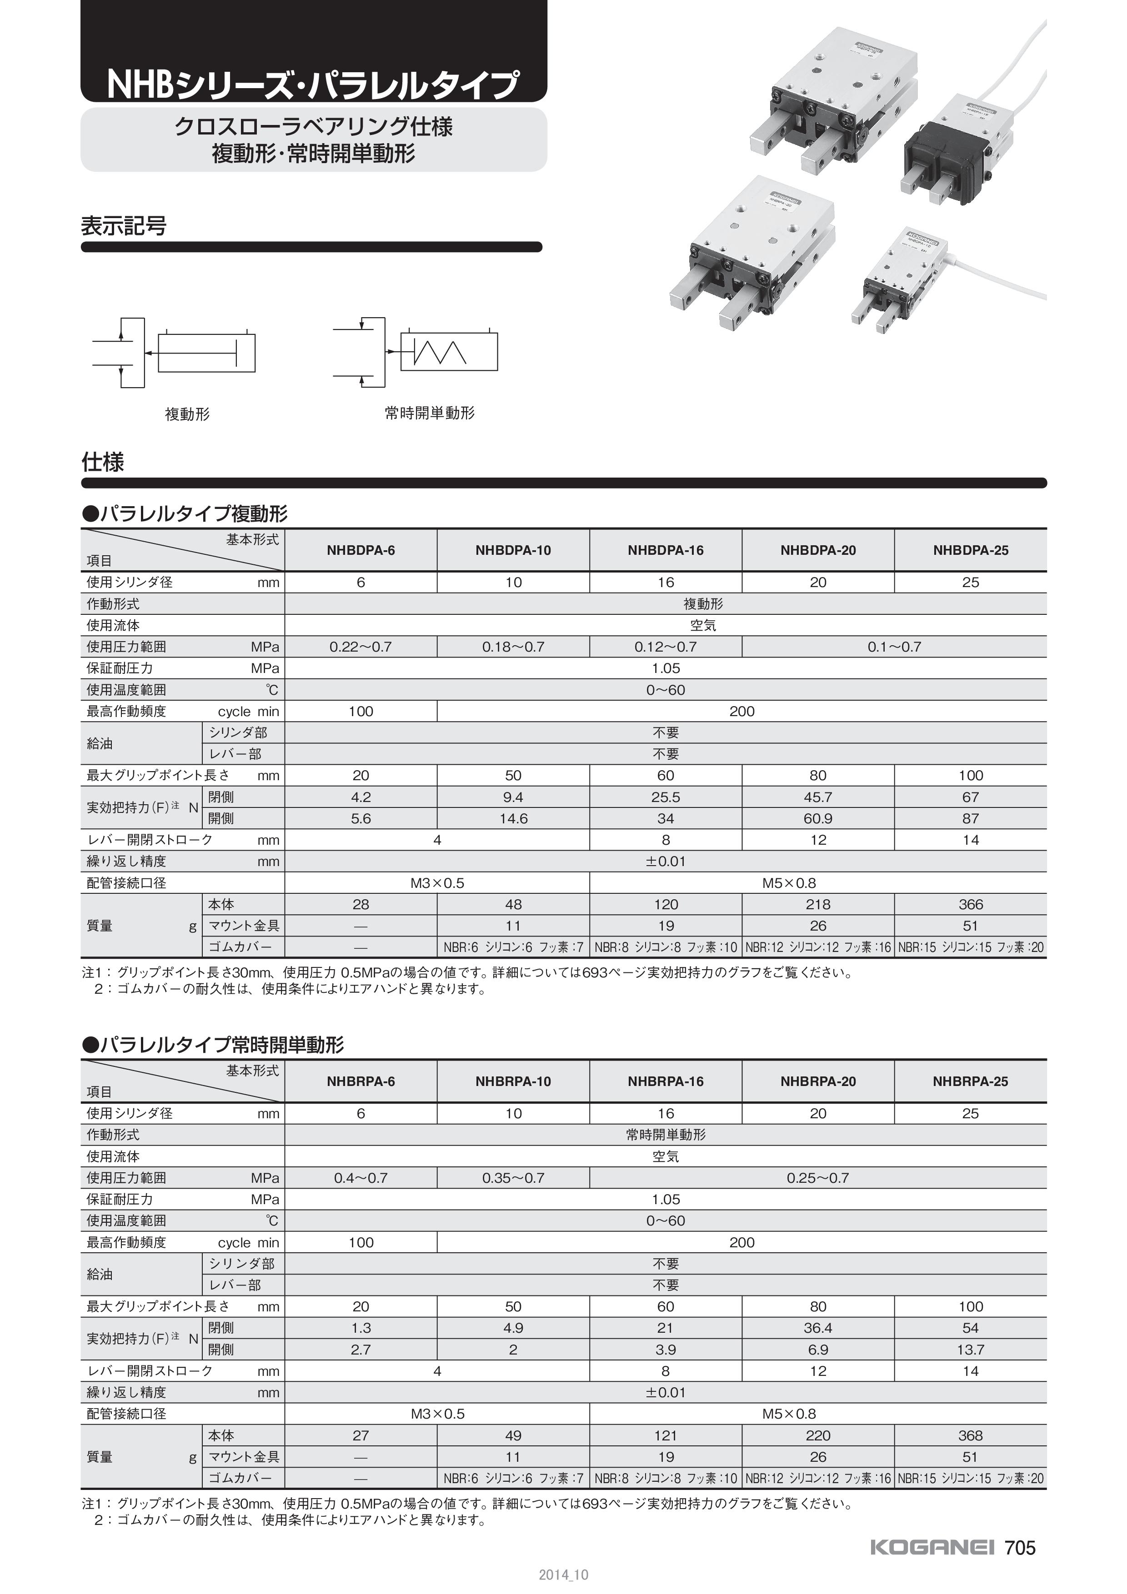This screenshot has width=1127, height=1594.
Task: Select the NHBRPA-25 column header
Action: point(970,1081)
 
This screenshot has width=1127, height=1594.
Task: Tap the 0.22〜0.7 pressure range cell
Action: point(361,647)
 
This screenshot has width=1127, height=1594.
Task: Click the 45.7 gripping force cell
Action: point(818,797)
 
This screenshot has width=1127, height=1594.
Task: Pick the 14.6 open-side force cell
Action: point(513,818)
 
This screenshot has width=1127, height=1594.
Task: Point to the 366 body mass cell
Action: point(970,905)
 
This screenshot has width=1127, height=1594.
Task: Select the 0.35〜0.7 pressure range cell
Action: point(513,1178)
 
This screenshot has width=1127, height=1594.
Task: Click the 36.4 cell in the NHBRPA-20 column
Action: point(818,1328)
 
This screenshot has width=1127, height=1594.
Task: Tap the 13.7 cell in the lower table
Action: point(970,1350)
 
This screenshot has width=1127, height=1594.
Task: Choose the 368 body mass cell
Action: point(970,1436)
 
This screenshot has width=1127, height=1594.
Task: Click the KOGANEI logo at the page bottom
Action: point(932,1548)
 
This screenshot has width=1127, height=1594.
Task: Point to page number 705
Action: point(1020,1548)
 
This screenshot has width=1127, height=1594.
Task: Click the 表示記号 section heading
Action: point(124,226)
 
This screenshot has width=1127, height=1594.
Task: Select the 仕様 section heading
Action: point(103,463)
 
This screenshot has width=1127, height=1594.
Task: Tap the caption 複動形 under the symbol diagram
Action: point(187,414)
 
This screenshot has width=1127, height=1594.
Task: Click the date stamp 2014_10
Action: point(563,1575)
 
